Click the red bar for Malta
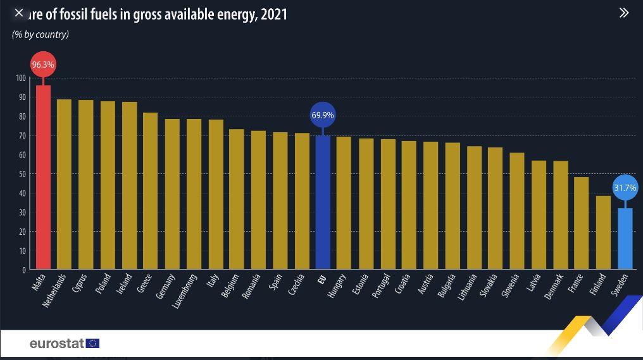pos(43,177)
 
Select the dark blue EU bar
pos(323,202)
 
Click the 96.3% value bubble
pos(43,65)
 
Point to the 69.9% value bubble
pos(323,115)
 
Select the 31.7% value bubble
pos(625,187)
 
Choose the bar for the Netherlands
pos(64,184)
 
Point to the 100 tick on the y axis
pos(20,78)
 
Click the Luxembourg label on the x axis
pos(185,291)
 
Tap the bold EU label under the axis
pos(322,278)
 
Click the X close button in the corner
pos(18,13)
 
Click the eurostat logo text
pos(56,344)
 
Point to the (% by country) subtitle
pos(41,34)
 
